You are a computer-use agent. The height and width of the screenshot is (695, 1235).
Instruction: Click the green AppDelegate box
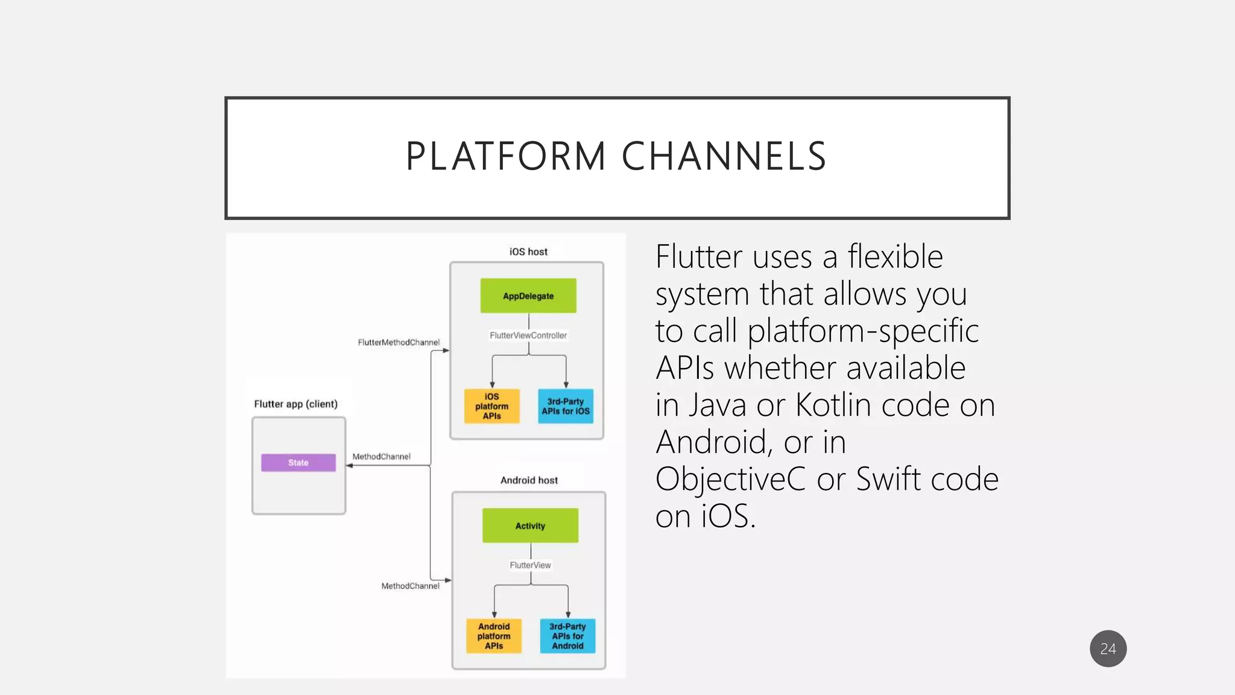[528, 296]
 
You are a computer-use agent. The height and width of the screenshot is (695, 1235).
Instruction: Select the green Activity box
[530, 525]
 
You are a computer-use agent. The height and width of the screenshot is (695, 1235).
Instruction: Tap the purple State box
[298, 463]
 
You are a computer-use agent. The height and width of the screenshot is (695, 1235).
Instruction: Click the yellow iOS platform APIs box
[491, 406]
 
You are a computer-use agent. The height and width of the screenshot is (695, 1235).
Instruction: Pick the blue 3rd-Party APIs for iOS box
[566, 406]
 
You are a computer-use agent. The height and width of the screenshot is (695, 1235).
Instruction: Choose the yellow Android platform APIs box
[494, 636]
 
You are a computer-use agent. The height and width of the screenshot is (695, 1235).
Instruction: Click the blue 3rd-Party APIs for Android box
[567, 636]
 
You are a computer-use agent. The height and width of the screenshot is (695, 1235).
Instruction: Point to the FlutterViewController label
[528, 335]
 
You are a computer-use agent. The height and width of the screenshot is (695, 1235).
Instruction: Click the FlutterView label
[530, 565]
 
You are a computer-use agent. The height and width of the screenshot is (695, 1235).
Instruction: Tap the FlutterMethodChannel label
[399, 342]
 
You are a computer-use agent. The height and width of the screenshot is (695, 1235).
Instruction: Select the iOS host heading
[528, 252]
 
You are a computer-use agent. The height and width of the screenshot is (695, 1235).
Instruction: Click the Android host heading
[529, 480]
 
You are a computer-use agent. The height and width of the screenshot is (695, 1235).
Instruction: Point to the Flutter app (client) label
[295, 404]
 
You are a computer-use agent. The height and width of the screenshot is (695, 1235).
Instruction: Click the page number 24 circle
[1108, 649]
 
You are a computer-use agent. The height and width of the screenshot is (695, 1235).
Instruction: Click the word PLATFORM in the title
[505, 157]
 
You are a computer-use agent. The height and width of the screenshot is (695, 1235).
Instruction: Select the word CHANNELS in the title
[724, 157]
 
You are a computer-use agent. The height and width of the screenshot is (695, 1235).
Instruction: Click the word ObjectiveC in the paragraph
[730, 479]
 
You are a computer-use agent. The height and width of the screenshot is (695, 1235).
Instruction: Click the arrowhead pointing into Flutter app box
[350, 466]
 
